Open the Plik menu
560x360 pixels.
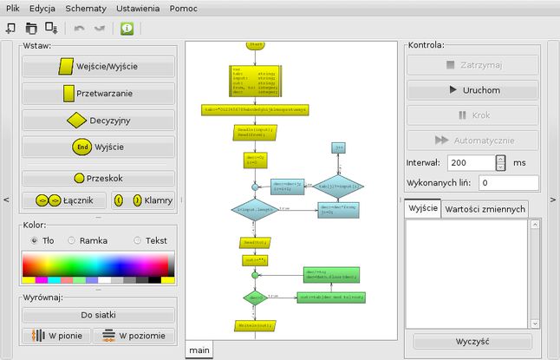13,8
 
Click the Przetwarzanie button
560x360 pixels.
98,93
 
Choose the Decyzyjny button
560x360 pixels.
98,120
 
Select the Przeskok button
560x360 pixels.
98,178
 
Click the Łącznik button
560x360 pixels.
62,200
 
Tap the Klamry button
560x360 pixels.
143,200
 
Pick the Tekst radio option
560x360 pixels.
138,240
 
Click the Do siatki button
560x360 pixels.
98,315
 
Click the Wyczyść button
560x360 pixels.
472,342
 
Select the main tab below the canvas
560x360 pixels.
199,350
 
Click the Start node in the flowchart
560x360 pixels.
255,43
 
